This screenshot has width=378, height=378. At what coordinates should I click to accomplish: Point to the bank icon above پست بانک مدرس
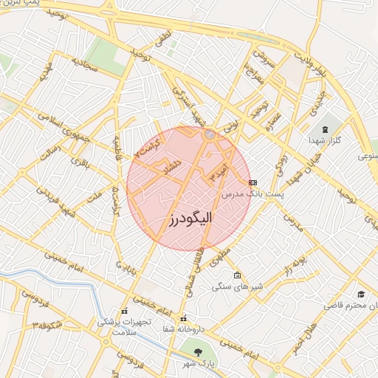pos(253,182)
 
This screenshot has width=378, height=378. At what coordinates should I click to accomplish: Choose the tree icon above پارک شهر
pos(197,351)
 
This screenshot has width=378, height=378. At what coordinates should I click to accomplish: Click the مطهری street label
pos(219,258)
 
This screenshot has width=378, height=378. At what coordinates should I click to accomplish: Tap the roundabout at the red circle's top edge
pos(210,134)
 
